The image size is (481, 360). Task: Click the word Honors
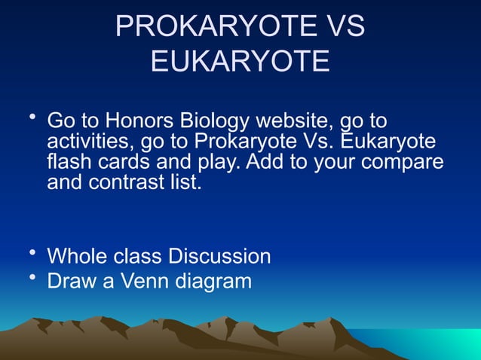139,121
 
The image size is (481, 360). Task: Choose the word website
294,121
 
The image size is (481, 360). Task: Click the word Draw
73,282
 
